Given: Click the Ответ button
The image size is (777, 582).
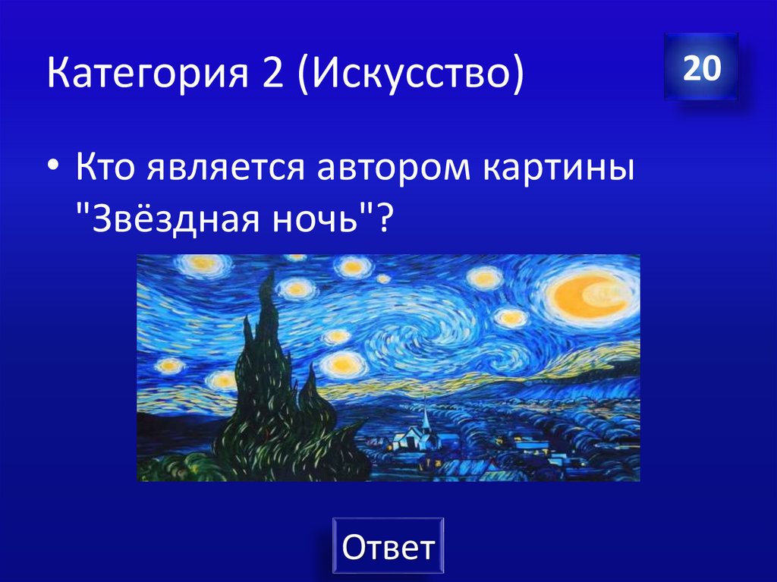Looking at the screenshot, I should (x=388, y=546).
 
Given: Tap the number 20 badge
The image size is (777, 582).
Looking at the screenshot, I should (x=700, y=68).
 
